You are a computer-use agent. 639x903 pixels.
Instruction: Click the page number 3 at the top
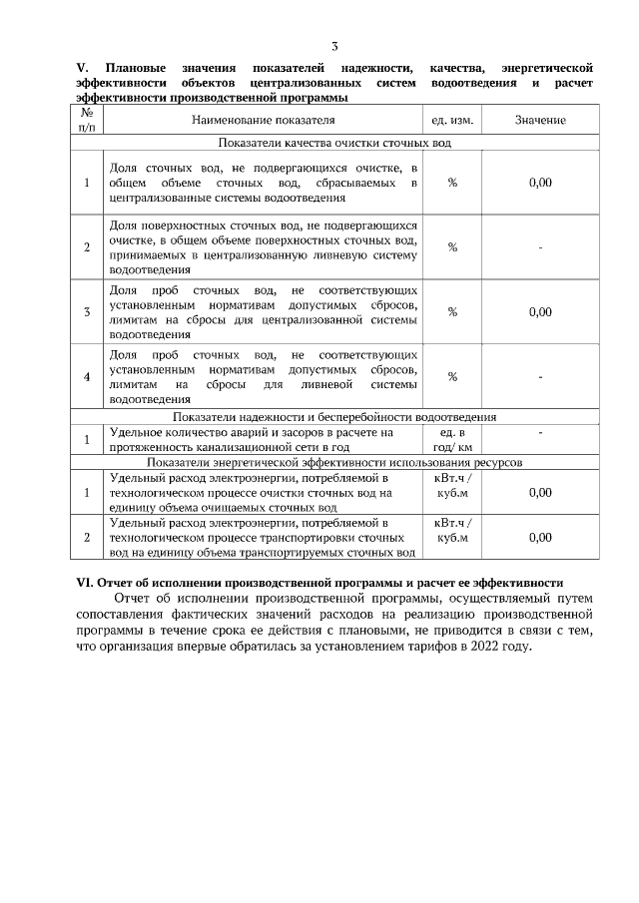(334, 46)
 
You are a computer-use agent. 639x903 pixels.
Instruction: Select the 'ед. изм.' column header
(451, 121)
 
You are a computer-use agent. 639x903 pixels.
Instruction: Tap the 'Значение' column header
(540, 121)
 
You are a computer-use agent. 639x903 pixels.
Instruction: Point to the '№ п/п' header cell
(87, 121)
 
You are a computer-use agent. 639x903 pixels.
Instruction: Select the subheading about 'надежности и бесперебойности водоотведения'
(334, 417)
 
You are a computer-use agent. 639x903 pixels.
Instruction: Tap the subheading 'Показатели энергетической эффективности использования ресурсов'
(334, 463)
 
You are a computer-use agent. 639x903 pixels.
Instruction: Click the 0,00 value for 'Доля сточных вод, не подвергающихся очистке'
(540, 183)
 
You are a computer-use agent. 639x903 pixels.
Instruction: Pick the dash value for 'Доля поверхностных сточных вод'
(540, 247)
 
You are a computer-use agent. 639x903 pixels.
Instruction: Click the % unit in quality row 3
(452, 311)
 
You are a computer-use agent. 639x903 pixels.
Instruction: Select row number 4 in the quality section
(87, 376)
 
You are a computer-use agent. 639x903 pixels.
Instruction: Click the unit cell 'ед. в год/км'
(452, 440)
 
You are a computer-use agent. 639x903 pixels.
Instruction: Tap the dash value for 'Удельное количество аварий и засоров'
(540, 433)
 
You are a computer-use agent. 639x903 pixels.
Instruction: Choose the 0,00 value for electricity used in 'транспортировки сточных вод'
(540, 538)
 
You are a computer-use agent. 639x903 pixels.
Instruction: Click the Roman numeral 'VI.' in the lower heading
(86, 583)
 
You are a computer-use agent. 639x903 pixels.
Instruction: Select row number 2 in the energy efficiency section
(87, 538)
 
